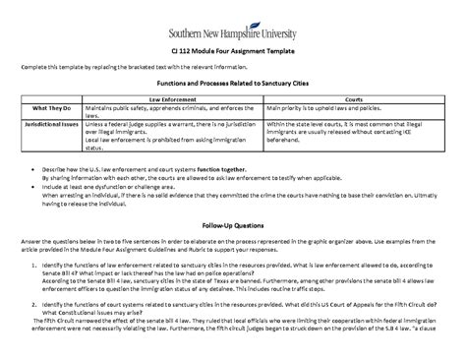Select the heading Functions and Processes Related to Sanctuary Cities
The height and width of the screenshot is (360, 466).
(x=233, y=87)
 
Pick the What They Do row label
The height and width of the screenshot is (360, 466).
(x=48, y=108)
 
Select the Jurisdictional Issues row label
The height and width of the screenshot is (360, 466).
(x=48, y=126)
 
